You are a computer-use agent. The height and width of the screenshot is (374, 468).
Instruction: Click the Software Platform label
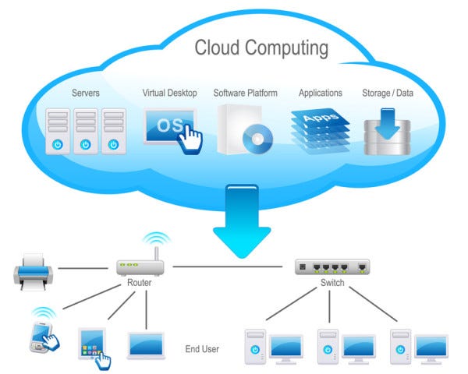[246, 93]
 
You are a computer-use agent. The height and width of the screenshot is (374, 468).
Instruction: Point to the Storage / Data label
[388, 93]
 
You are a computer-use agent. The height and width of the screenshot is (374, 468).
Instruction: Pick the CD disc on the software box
[257, 139]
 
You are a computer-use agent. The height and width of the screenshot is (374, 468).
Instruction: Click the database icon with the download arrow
[388, 131]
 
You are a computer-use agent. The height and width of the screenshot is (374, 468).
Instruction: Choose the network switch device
[336, 266]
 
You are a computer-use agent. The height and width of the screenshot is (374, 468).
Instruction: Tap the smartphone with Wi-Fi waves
[44, 330]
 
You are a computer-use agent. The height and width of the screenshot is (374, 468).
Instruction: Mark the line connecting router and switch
[230, 267]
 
